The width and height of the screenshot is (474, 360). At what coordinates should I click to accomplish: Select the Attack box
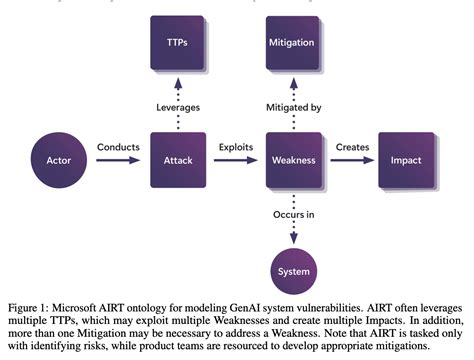[x=178, y=160]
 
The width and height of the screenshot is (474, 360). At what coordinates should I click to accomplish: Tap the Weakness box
[x=293, y=160]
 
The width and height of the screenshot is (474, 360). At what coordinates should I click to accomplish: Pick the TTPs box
[x=178, y=43]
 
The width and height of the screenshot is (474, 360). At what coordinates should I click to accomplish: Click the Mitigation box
[x=293, y=43]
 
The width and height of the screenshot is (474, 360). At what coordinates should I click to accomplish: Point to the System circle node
[x=293, y=270]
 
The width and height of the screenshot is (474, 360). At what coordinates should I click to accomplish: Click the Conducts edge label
[x=117, y=147]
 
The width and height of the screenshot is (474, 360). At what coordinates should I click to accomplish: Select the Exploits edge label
[x=236, y=147]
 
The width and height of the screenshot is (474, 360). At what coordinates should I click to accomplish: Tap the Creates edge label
[x=351, y=147]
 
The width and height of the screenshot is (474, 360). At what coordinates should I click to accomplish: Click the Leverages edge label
[x=178, y=107]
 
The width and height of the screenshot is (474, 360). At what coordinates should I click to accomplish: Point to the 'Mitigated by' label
[x=293, y=107]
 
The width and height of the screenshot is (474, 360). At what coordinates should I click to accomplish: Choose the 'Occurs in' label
[x=293, y=214]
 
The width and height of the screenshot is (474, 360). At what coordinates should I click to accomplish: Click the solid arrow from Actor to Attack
[x=118, y=161]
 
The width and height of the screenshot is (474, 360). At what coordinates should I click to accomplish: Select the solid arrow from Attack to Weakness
[x=236, y=161]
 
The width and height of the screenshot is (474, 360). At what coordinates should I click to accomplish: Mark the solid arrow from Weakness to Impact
[x=351, y=161]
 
